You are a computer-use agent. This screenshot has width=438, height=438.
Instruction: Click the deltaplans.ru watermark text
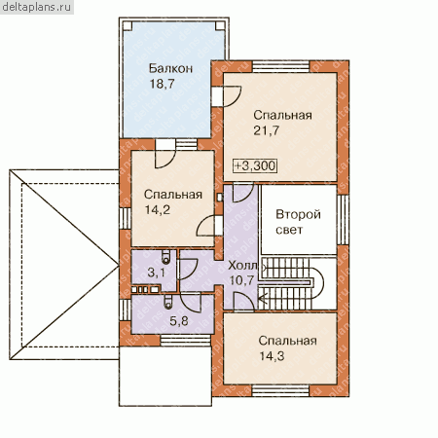(36, 7)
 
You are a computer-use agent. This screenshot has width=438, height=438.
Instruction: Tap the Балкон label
(170, 68)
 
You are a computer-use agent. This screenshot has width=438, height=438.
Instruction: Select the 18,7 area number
(162, 84)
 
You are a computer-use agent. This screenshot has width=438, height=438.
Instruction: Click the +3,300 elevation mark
(255, 165)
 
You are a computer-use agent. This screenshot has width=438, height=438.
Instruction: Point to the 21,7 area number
(266, 130)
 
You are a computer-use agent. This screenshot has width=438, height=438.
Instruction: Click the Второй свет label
(298, 222)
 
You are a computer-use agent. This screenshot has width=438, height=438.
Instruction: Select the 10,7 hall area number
(241, 280)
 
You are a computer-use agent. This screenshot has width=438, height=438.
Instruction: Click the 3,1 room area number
(156, 273)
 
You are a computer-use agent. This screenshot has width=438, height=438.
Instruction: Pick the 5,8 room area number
(179, 321)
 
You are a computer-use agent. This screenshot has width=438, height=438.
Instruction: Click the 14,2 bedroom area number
(158, 210)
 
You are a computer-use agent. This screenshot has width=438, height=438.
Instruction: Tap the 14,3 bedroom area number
(272, 356)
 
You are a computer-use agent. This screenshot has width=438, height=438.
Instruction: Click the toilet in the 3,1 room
(165, 256)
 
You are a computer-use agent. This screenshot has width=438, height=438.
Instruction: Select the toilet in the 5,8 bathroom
(167, 302)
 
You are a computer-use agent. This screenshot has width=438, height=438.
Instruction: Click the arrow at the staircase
(263, 298)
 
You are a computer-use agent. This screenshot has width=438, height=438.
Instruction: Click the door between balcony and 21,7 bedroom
(226, 96)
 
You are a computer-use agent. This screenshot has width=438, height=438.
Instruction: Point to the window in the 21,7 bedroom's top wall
(281, 66)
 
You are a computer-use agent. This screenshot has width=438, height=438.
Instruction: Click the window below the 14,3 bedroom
(280, 390)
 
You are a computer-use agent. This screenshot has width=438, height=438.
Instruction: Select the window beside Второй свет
(343, 220)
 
